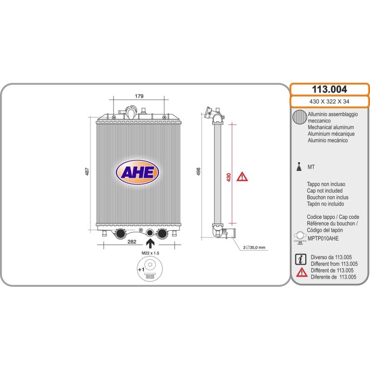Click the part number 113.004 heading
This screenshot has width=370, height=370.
click(x=329, y=89)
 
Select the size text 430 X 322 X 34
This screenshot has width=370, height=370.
click(x=329, y=101)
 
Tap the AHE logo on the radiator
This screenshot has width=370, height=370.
click(x=137, y=172)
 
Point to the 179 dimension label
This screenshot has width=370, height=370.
click(x=139, y=96)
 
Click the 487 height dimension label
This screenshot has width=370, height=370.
click(x=87, y=172)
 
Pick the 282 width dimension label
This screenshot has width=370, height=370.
click(x=132, y=242)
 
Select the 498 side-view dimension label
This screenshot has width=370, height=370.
click(x=198, y=172)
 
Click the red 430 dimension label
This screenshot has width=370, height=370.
click(x=228, y=177)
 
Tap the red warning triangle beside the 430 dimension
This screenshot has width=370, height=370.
click(x=242, y=177)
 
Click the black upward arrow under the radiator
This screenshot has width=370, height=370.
click(x=150, y=244)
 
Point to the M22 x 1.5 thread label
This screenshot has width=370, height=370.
click(x=150, y=253)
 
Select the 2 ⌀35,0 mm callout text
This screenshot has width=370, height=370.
click(x=254, y=248)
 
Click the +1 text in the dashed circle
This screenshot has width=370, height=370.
click(x=141, y=269)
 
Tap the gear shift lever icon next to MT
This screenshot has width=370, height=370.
click(x=299, y=166)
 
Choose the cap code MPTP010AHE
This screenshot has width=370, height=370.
click(x=323, y=238)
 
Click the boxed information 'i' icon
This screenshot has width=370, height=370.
click(x=301, y=260)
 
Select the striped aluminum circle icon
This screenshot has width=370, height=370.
click(x=300, y=117)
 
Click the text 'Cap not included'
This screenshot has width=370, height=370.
click(x=325, y=191)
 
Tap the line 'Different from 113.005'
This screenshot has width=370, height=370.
click(x=335, y=264)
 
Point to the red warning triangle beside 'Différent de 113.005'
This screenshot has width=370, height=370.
click(x=302, y=272)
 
